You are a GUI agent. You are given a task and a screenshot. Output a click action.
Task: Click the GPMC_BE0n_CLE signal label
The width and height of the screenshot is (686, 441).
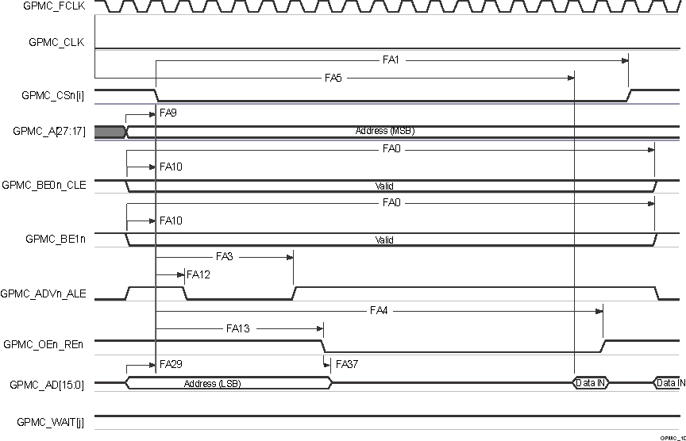click(x=48, y=185)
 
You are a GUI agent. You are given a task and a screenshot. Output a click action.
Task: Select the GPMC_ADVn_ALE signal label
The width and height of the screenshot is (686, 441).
click(x=49, y=293)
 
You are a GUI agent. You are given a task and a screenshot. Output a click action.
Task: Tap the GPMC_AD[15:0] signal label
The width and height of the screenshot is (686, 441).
click(x=52, y=384)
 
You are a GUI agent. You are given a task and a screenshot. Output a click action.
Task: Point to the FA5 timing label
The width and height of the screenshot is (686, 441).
click(x=333, y=78)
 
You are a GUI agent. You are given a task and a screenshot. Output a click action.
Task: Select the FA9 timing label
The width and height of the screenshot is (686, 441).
click(x=168, y=113)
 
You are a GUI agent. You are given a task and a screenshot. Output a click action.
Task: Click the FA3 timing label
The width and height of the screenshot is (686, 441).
click(x=224, y=256)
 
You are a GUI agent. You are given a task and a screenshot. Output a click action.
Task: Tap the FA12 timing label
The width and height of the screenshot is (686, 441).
click(x=198, y=274)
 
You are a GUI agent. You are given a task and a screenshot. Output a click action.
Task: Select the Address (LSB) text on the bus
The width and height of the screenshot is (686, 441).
click(x=212, y=383)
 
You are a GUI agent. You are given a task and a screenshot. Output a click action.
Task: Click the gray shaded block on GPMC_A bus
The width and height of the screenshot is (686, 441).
click(x=110, y=131)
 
